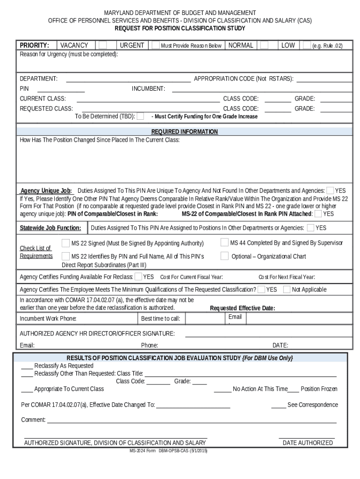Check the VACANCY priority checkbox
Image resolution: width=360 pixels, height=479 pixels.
tap(102, 45)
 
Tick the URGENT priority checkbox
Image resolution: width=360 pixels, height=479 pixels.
tap(154, 45)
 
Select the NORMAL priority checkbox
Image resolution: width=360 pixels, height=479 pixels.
tap(264, 45)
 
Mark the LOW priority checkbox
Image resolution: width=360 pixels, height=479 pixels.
tap(307, 45)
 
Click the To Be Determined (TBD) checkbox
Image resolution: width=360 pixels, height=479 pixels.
tap(140, 116)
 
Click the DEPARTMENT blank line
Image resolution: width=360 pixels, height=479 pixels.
tap(128, 79)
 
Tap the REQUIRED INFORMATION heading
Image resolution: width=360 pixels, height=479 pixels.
tap(184, 132)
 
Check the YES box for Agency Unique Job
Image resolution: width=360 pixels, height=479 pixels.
tap(330, 190)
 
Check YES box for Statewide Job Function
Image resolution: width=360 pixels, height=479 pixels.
tap(310, 228)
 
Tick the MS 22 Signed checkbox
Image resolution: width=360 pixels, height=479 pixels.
tap(66, 243)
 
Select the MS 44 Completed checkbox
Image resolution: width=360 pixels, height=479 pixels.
tap(224, 243)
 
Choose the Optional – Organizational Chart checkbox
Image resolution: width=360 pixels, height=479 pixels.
tap(224, 256)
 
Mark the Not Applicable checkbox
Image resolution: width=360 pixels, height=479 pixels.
tap(287, 289)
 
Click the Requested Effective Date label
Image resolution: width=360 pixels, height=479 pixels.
tap(242, 308)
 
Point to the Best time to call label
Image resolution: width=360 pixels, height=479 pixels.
tap(160, 319)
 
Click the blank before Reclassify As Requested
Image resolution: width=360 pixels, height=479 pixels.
tap(27, 365)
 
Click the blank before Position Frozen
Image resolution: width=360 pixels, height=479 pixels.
tap(293, 389)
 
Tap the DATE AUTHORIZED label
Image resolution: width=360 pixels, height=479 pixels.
tap(308, 443)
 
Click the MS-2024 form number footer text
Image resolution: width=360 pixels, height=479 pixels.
tap(168, 451)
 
